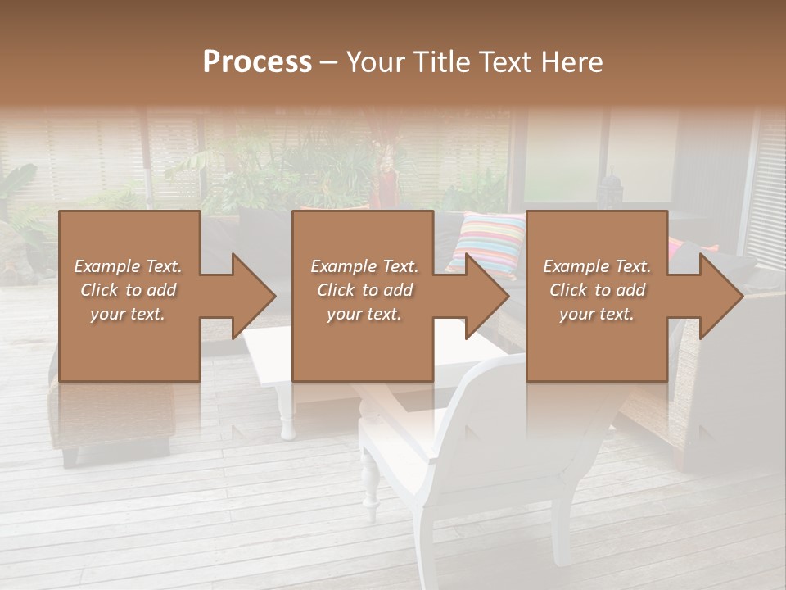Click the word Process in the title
pos(257,62)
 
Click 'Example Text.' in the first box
pos(128,266)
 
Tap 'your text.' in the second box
pos(364,314)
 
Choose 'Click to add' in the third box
pos(597,290)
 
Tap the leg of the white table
pos(287,414)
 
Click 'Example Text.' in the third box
pos(597,266)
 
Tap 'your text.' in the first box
pos(128,314)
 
